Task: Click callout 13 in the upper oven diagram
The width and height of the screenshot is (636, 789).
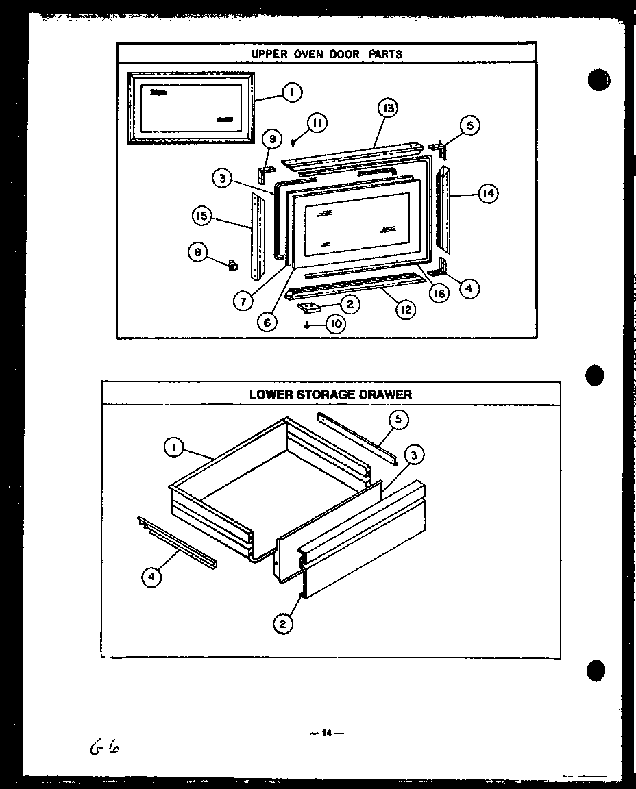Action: (387, 108)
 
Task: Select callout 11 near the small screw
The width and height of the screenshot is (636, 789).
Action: (316, 123)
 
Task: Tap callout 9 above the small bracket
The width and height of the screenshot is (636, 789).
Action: (271, 140)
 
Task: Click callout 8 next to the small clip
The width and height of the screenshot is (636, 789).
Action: (197, 252)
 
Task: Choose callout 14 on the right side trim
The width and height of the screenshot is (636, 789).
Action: (487, 195)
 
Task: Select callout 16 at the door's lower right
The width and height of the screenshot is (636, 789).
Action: (439, 294)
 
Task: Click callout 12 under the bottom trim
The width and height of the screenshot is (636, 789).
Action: (405, 310)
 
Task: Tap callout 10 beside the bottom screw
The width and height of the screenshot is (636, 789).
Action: (335, 324)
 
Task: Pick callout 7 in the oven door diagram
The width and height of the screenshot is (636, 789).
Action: (241, 300)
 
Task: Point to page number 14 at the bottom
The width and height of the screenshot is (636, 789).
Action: (326, 734)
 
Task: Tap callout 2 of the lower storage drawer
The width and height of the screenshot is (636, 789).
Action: (282, 623)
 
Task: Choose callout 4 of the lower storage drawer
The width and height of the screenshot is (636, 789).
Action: (151, 577)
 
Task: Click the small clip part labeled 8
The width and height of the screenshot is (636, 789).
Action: (232, 263)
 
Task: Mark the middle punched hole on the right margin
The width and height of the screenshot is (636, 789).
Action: (596, 375)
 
